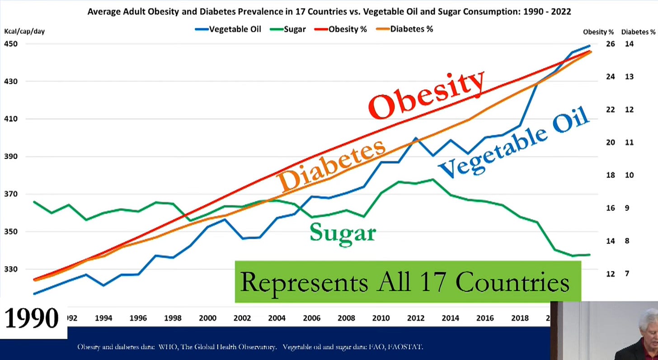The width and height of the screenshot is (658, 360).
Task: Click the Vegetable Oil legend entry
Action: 228,29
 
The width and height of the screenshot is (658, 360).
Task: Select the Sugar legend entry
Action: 289,29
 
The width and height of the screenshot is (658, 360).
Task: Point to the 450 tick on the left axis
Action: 11,44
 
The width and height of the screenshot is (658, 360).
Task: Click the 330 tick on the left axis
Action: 11,269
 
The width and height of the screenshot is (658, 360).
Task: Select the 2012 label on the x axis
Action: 415,318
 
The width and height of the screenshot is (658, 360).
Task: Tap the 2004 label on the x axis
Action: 277,318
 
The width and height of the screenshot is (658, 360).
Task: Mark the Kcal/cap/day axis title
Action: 25,31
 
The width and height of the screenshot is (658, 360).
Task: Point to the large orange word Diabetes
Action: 332,165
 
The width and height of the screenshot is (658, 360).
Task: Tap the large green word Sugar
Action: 343,233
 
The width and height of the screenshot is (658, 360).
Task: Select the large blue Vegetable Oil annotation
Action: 514,142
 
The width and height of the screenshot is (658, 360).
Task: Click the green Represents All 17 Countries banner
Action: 408,282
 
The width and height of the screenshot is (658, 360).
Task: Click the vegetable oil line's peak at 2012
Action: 415,138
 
